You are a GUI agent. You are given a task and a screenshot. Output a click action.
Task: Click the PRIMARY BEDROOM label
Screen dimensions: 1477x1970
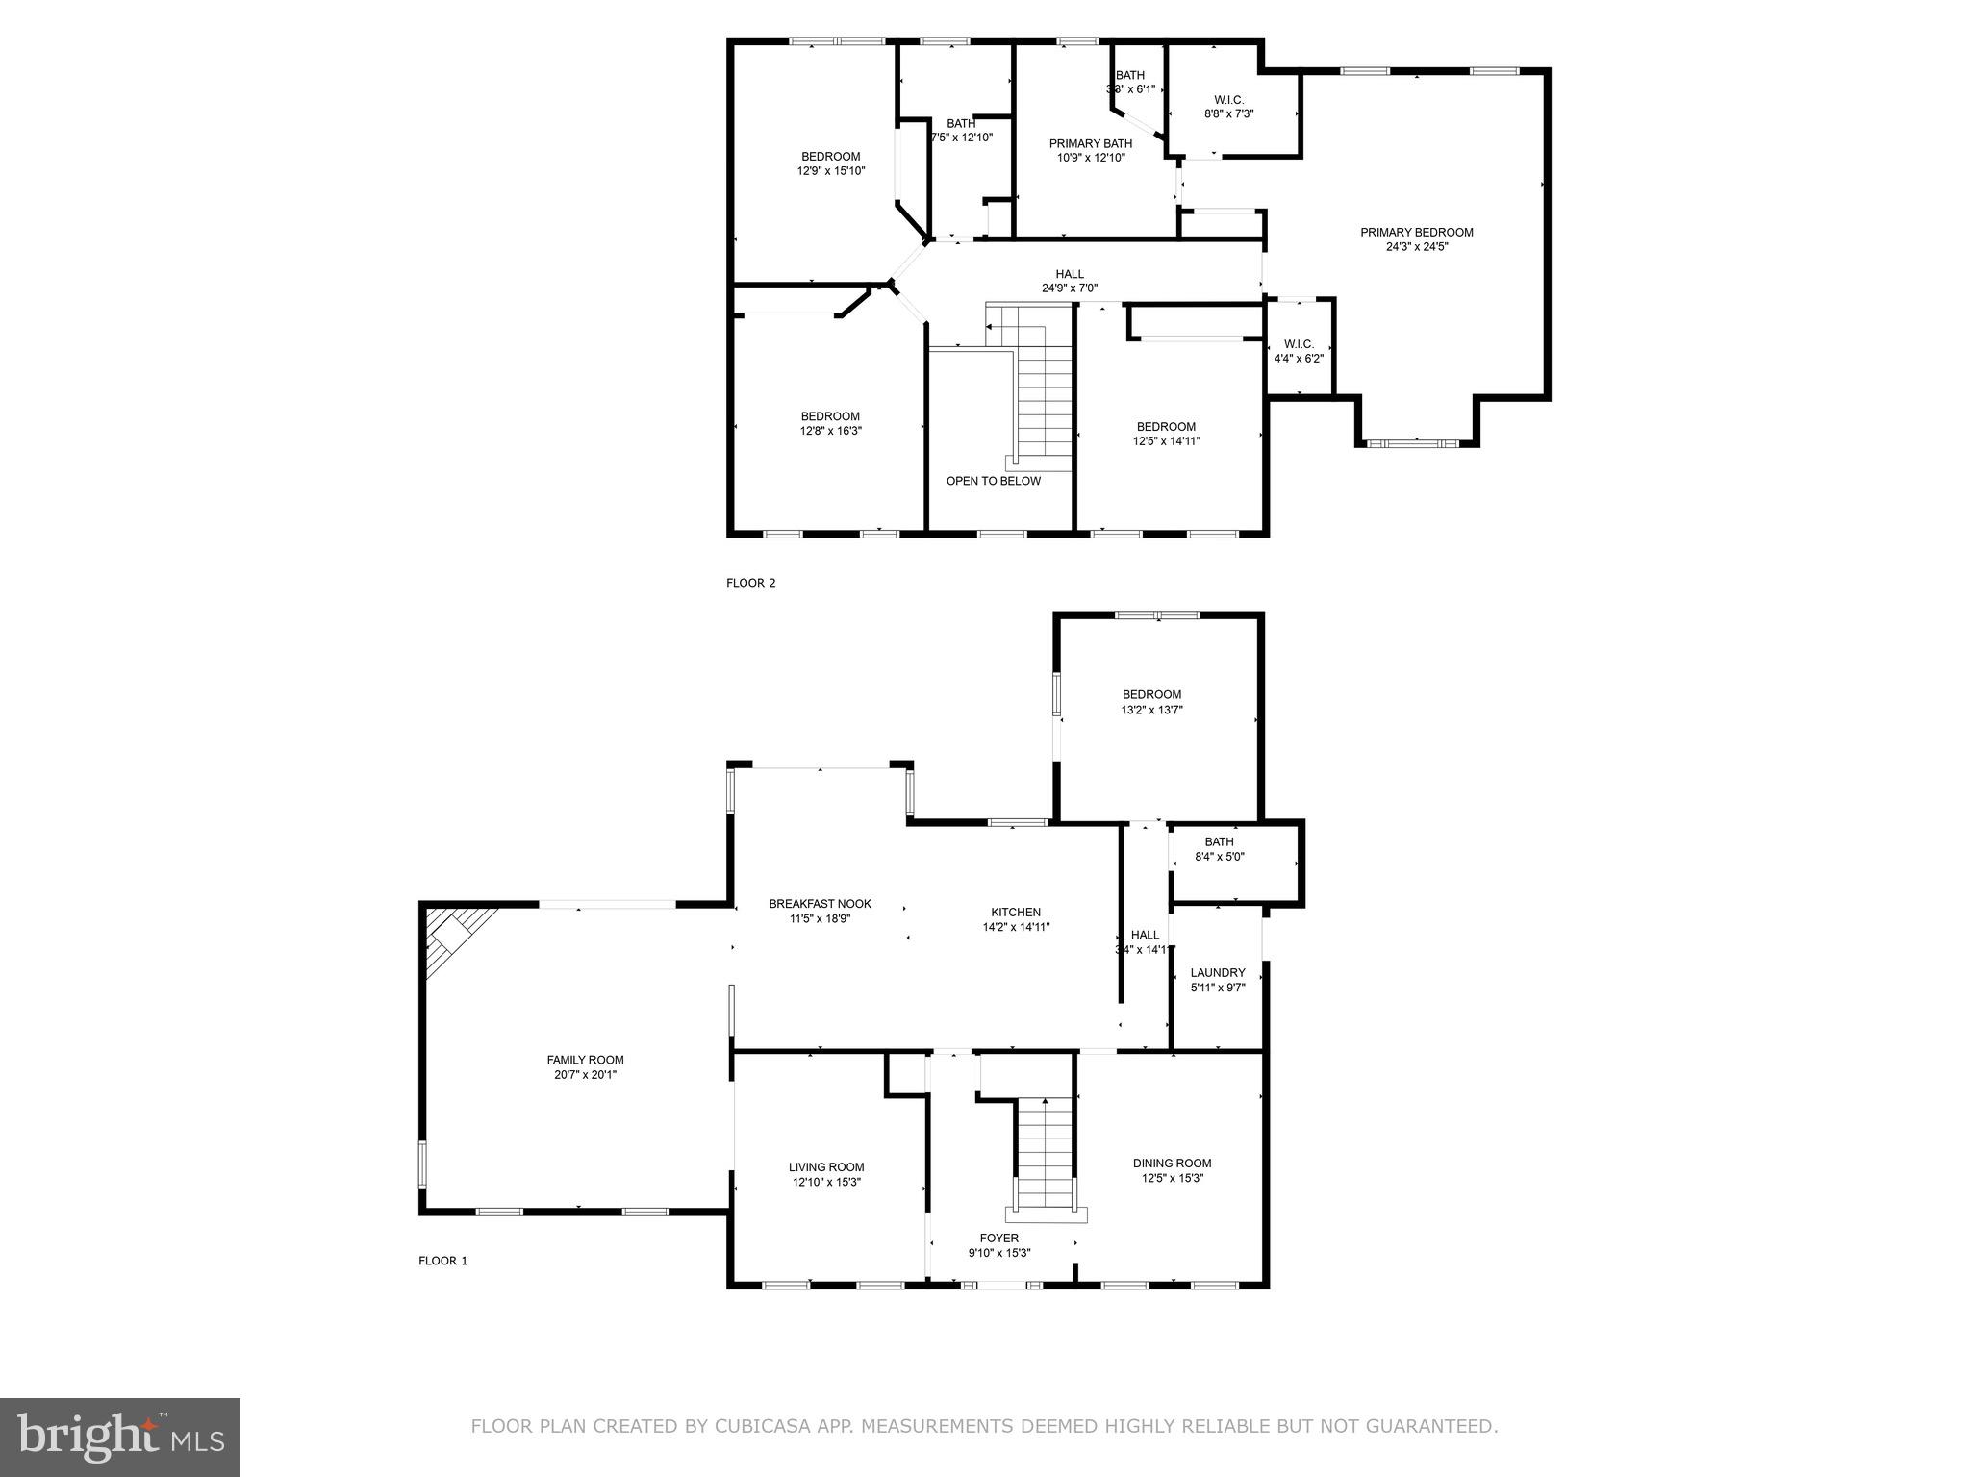click(x=1416, y=232)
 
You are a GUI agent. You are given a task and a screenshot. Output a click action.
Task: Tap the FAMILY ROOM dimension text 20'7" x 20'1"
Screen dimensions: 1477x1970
click(x=585, y=1075)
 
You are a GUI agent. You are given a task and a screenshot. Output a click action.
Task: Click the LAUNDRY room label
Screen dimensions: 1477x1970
click(x=1217, y=972)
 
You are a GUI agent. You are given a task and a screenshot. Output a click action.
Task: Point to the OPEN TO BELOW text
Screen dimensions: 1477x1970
click(x=993, y=481)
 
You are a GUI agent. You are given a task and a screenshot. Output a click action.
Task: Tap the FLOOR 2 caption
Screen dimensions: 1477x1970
click(x=750, y=583)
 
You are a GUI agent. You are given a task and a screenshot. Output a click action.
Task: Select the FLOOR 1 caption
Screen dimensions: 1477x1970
click(x=442, y=1261)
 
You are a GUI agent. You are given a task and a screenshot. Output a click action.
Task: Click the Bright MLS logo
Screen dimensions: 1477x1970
click(x=120, y=1437)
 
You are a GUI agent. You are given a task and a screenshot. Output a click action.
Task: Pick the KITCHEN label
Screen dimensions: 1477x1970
click(x=1016, y=913)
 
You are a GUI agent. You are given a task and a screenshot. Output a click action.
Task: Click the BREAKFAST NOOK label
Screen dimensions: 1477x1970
click(x=820, y=904)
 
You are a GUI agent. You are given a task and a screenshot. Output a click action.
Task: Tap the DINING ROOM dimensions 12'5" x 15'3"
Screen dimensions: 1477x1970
click(x=1172, y=1178)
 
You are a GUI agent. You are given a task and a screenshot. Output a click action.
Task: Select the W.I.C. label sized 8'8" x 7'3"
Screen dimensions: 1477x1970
click(x=1228, y=100)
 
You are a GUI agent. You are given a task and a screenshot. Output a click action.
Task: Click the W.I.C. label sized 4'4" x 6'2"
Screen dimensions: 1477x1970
click(x=1299, y=344)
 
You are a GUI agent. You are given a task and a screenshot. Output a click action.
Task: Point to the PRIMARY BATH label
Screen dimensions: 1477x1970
click(x=1090, y=143)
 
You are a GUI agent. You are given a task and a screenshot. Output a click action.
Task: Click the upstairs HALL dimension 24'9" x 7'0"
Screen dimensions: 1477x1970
click(x=1069, y=288)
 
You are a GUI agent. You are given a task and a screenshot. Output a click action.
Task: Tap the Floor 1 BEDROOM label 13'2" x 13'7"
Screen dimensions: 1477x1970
click(x=1151, y=694)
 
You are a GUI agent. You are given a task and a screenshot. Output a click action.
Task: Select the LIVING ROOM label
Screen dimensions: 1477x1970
click(x=826, y=1167)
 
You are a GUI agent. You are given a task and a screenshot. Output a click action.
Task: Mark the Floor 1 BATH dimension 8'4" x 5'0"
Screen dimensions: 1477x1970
click(x=1219, y=856)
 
